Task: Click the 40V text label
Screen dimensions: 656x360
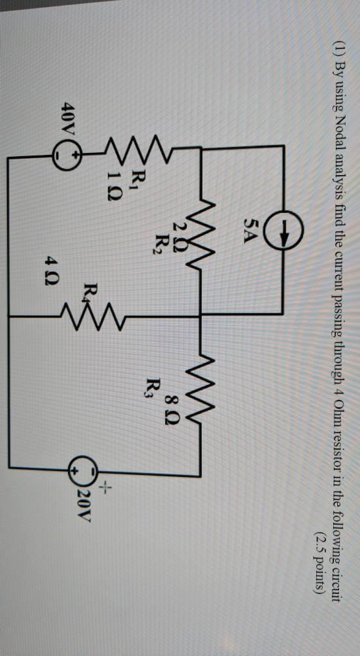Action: click(x=68, y=120)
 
